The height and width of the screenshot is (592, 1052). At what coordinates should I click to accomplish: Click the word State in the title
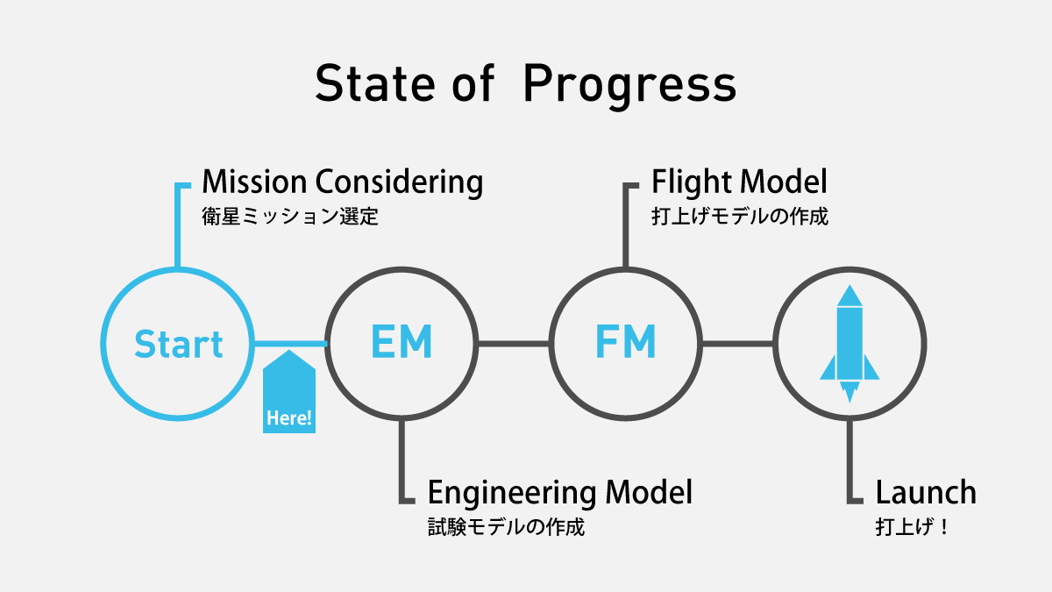point(375,83)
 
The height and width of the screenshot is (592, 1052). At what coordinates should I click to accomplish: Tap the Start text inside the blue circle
point(179,344)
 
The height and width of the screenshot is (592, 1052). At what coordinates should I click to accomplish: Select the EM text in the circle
point(402,341)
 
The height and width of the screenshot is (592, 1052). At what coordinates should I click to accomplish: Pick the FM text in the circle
point(626,341)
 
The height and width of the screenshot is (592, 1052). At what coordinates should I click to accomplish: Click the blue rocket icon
point(849,344)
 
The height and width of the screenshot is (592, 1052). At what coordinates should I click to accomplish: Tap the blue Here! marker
point(289,391)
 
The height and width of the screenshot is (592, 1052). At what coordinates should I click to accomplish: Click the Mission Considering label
point(343,182)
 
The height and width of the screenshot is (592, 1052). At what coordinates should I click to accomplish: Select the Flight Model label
point(739,182)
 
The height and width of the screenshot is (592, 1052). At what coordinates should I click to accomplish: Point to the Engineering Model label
point(560,493)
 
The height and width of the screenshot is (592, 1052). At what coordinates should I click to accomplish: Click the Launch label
point(926,492)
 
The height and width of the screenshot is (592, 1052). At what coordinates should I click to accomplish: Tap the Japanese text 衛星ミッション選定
point(290,217)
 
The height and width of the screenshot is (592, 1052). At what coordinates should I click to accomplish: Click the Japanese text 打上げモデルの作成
point(740,217)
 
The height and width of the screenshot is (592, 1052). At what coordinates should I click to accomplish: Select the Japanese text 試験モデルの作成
point(507,527)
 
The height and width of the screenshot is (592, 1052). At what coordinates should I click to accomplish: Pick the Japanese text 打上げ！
point(912,527)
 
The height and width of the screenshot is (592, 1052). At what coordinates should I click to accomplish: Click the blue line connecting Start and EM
point(290,344)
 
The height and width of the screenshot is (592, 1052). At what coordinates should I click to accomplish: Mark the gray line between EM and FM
point(514,344)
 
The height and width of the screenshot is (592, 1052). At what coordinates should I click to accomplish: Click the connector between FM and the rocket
point(738,344)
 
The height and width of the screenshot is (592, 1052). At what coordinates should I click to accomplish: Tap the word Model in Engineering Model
point(649,492)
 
